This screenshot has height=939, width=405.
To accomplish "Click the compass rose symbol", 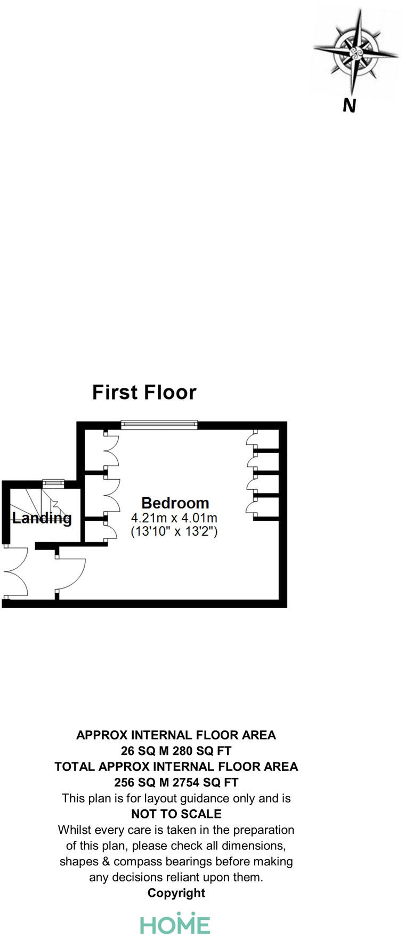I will [x=355, y=53].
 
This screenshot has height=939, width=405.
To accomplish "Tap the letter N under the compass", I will [x=349, y=106].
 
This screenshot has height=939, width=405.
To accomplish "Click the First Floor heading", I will [x=144, y=392].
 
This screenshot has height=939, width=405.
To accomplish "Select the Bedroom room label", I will [x=175, y=503].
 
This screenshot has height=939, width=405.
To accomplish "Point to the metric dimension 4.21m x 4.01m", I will [x=174, y=518].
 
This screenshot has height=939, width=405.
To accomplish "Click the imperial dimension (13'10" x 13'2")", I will [x=174, y=531].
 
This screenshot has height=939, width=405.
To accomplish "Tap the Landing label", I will [x=42, y=518].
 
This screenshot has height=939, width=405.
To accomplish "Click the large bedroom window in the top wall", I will [x=159, y=425].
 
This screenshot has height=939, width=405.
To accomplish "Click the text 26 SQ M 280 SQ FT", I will [x=176, y=751].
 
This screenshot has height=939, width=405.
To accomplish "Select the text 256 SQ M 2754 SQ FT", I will [x=176, y=782].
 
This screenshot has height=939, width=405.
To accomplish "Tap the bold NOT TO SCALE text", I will [x=176, y=814].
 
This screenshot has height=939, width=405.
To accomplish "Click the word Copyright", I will [x=176, y=893].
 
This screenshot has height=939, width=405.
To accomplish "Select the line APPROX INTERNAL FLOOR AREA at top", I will [x=176, y=735].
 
